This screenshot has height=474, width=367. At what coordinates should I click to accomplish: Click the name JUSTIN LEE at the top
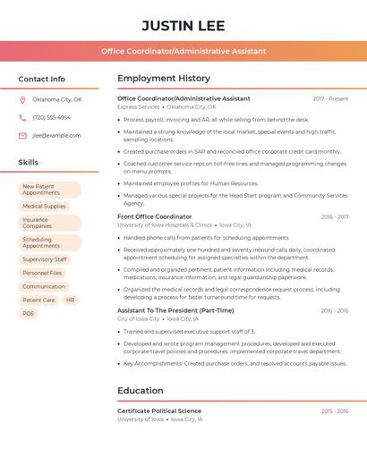tap(183, 25)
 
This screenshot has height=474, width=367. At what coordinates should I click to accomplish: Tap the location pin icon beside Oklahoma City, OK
tap(22, 99)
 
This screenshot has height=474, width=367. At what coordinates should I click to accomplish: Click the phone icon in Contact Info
tap(22, 117)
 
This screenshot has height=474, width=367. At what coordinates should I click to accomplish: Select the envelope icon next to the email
tap(22, 136)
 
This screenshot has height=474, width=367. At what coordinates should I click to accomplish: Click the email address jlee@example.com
tap(56, 136)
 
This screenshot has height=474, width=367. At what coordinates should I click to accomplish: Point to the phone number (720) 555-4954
tap(51, 117)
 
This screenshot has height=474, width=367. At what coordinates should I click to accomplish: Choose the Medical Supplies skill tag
tap(44, 207)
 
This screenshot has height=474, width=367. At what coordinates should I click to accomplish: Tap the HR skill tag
tap(70, 300)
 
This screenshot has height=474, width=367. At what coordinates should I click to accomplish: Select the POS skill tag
tap(29, 314)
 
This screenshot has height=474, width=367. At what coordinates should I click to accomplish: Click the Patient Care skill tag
tap(38, 300)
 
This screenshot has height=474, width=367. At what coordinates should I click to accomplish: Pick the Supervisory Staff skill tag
tap(45, 259)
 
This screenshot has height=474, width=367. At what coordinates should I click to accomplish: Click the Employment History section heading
tap(164, 79)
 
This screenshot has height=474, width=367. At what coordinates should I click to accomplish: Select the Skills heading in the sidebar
tap(29, 163)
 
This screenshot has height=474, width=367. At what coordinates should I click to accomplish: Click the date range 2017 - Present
tap(330, 98)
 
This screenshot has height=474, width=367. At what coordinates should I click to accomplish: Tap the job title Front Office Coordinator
tap(154, 216)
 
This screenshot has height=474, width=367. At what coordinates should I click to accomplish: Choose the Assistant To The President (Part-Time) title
tap(175, 310)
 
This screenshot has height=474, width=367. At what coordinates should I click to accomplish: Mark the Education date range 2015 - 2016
tap(335, 411)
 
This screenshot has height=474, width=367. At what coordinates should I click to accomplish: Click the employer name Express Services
tap(139, 106)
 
